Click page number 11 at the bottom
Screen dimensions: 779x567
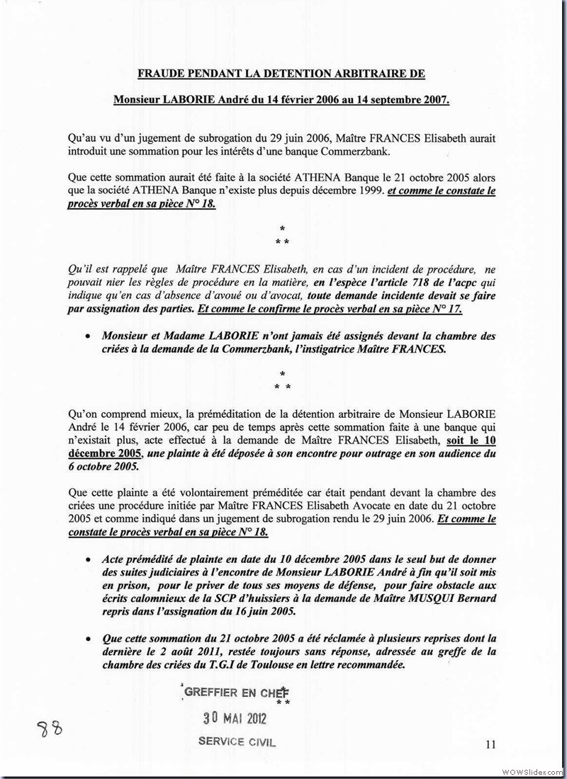click(x=491, y=744)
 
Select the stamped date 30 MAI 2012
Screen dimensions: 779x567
click(x=234, y=718)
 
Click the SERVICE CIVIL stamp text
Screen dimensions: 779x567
click(x=237, y=742)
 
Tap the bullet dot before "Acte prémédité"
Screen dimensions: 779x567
click(x=87, y=559)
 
